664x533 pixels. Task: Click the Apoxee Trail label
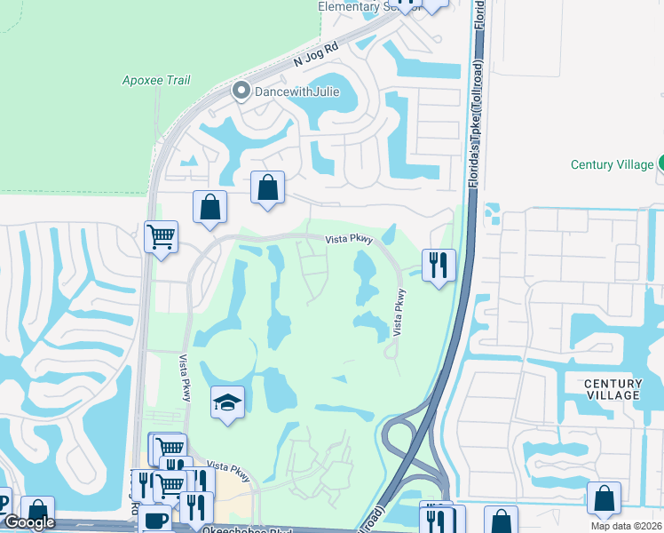(155, 80)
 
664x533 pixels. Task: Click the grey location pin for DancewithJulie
(240, 91)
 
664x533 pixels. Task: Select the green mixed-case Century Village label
(611, 164)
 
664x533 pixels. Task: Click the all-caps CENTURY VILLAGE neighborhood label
(613, 389)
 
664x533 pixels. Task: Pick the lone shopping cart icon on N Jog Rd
(162, 236)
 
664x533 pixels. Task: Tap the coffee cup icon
(155, 520)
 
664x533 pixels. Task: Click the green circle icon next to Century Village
(660, 163)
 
